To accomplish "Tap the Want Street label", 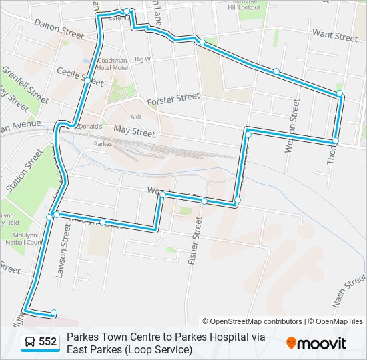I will pos(335,35).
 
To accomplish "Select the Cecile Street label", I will pos(79,77).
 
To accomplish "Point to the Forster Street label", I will pos(173,99).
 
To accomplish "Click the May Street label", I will pos(134,131).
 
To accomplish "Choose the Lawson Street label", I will pos(65,245).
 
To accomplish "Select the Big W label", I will pos(143,59).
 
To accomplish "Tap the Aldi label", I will pos(136,117).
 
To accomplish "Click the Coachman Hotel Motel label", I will pos(112,63).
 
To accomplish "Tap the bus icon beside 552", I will pos(30,343).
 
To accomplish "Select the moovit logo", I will pos(316,343).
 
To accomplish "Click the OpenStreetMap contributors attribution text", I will pos(252,321).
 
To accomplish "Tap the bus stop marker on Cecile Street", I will pos(87,81).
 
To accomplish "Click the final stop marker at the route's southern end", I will pos(54,313).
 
